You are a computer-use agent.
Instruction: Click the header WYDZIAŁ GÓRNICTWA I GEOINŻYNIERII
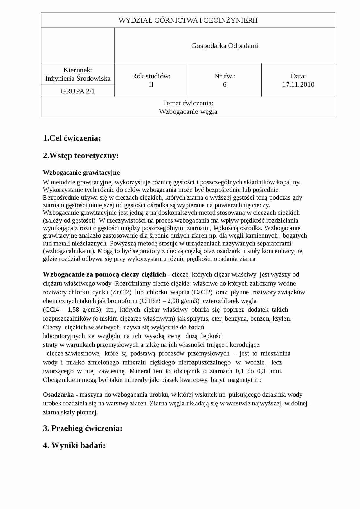coord(188,20)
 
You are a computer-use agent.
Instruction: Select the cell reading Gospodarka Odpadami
coord(224,46)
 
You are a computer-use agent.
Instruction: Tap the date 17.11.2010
coord(298,84)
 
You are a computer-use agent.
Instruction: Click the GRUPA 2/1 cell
coord(78,91)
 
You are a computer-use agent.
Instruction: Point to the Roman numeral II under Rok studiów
coord(151,84)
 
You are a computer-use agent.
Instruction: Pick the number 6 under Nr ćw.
coord(224,84)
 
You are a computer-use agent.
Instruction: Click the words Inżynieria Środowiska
coord(78,78)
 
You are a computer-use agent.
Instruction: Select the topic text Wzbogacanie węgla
coord(188,111)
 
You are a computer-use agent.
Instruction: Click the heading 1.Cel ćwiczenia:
coord(72,138)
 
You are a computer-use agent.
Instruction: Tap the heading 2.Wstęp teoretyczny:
coord(81,156)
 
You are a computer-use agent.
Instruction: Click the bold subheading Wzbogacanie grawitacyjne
coord(81,173)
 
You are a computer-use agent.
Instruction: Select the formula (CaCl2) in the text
coord(202,292)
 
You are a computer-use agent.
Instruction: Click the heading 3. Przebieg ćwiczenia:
coord(82,428)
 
